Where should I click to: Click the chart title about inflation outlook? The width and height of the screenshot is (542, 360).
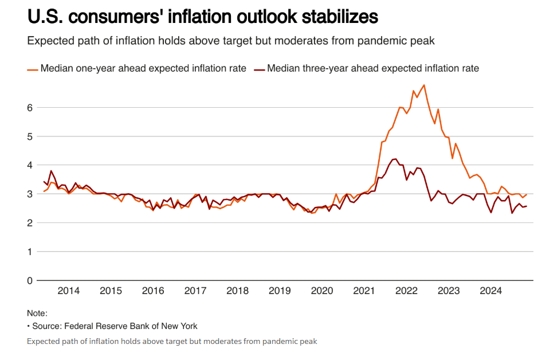[202, 17]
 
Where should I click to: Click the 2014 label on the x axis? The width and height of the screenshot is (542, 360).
[68, 291]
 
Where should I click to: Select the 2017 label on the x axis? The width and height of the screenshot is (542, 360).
[195, 291]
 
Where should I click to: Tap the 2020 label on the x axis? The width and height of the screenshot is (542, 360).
[322, 291]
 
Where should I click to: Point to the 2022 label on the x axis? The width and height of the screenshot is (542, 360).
[406, 291]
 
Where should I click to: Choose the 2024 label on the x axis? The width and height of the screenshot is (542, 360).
[491, 291]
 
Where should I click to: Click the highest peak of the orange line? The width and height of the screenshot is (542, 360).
[424, 85]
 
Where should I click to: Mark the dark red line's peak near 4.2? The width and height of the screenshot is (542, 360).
[395, 159]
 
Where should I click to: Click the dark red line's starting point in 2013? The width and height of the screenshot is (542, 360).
[44, 181]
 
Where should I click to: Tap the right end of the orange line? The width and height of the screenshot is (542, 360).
[526, 194]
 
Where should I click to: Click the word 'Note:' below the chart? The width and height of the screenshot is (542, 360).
[37, 314]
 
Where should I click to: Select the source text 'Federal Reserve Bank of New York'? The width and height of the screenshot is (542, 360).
[131, 326]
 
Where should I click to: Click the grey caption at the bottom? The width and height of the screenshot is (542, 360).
[172, 341]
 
